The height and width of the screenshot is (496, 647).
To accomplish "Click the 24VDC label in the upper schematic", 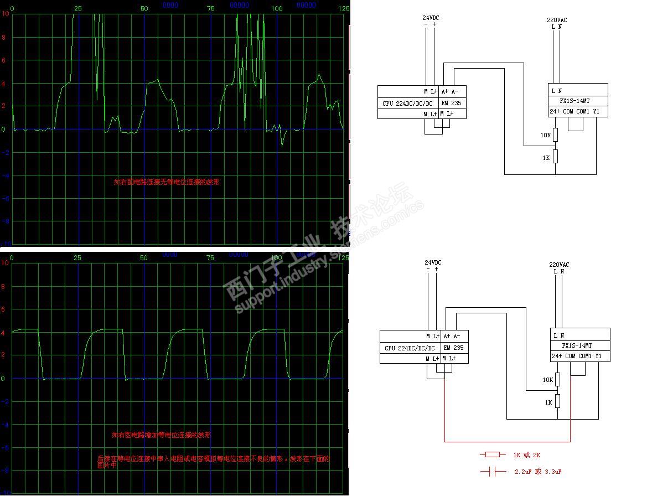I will click(431, 18).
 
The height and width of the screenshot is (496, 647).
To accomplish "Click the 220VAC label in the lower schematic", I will click(558, 265).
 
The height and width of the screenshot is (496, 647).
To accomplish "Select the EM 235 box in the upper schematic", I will click(452, 103).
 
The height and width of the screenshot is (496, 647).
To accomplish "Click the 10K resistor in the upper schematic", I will click(556, 135).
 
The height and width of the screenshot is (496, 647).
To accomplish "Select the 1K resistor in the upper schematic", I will click(556, 157).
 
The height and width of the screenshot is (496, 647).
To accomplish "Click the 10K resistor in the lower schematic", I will click(558, 379).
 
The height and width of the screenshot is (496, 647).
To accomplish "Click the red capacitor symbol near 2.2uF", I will click(493, 472).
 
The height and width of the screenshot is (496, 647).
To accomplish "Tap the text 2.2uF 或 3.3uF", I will click(538, 472).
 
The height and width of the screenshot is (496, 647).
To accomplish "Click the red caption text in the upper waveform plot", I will click(167, 182).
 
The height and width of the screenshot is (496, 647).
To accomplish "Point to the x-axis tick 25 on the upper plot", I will click(78, 8).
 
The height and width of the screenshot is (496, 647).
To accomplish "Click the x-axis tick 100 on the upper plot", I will click(277, 8).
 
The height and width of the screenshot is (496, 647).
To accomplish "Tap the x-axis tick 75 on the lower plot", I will click(210, 257).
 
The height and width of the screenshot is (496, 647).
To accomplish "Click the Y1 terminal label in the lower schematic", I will click(598, 356).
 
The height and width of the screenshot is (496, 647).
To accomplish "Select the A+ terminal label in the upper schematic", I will click(446, 91).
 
